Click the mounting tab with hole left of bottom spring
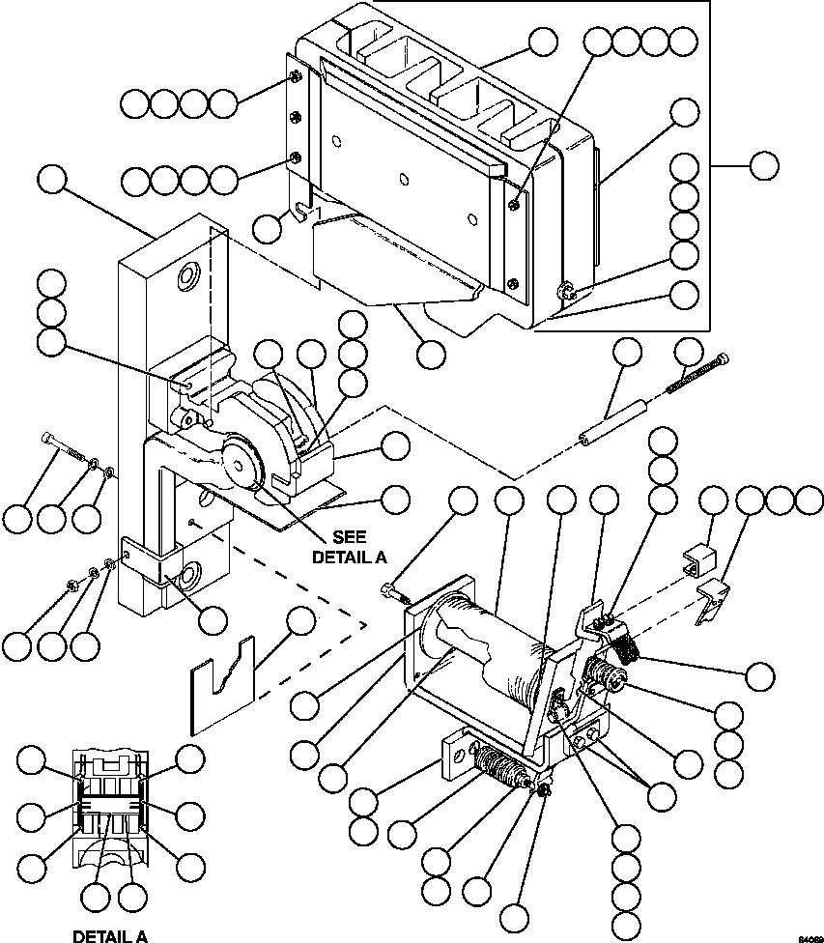point(452,757)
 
